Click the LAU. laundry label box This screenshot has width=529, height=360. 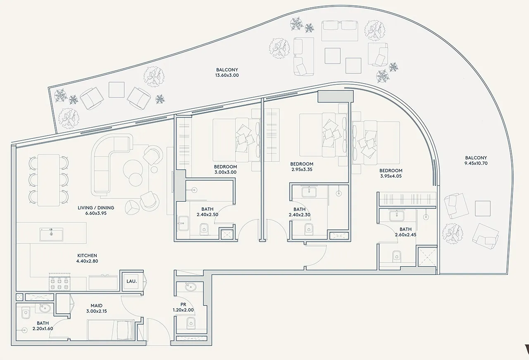(131, 281)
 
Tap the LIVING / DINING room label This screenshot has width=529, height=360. (96, 207)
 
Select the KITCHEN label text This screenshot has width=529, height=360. (87, 255)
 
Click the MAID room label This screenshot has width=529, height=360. (96, 305)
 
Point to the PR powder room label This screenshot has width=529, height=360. (183, 305)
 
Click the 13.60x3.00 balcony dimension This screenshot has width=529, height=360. (227, 75)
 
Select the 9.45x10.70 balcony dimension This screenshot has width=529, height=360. (476, 163)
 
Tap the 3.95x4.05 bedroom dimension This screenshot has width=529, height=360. (391, 176)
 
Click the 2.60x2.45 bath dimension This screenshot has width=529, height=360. (405, 235)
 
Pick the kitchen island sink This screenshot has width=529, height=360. (51, 234)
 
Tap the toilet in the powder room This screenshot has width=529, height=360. (191, 323)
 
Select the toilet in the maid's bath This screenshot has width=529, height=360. (26, 313)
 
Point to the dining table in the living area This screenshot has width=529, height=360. (49, 180)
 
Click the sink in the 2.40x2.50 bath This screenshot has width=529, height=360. (183, 223)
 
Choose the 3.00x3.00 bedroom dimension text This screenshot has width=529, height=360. (225, 172)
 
